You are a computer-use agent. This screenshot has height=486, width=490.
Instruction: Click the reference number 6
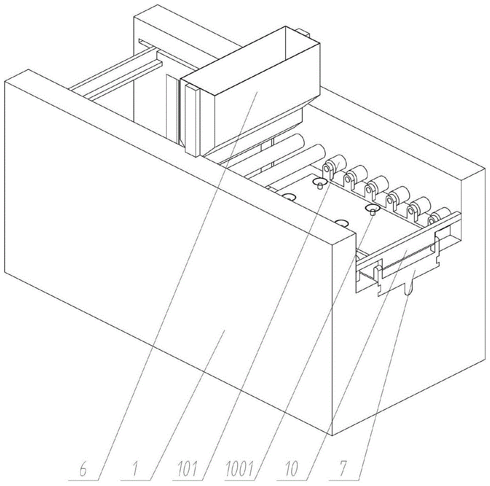(x=83, y=469)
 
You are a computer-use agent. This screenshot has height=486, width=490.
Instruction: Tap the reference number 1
(x=135, y=469)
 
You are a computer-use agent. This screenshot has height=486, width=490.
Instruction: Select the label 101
(x=187, y=469)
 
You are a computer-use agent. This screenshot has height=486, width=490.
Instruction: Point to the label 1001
(x=239, y=469)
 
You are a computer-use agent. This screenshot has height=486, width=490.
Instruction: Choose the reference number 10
(x=292, y=469)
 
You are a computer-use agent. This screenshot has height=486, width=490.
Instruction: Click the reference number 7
(x=343, y=469)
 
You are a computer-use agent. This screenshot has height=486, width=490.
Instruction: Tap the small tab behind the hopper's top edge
(x=303, y=32)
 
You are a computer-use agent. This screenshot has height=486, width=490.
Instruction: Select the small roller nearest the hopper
(x=336, y=163)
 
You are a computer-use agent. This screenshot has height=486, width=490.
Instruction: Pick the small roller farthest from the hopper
(x=440, y=215)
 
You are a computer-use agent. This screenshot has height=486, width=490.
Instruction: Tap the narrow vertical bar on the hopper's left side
(x=192, y=121)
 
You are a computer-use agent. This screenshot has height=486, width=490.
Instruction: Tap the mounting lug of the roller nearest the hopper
(x=327, y=170)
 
